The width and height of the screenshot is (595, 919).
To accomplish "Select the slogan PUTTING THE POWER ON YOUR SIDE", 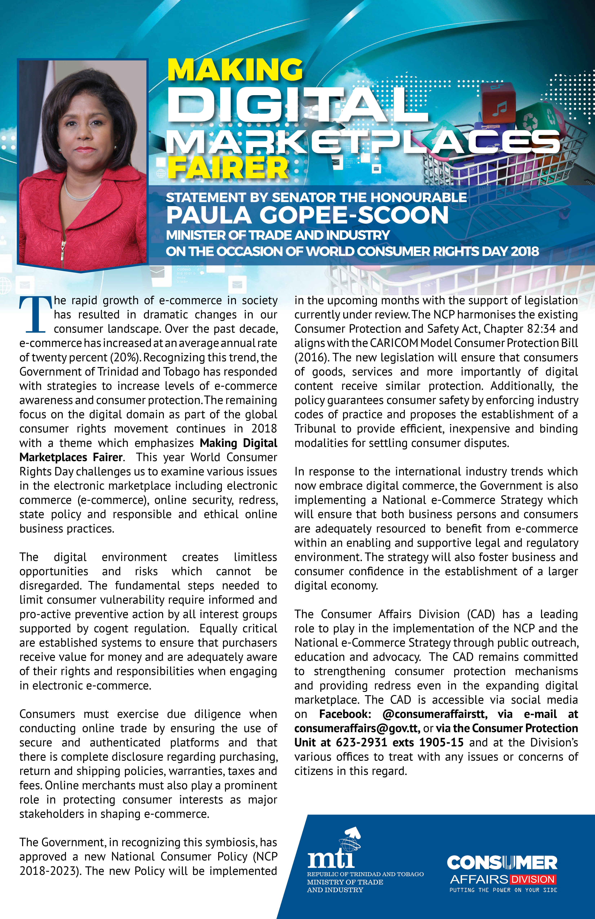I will point(503,890).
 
